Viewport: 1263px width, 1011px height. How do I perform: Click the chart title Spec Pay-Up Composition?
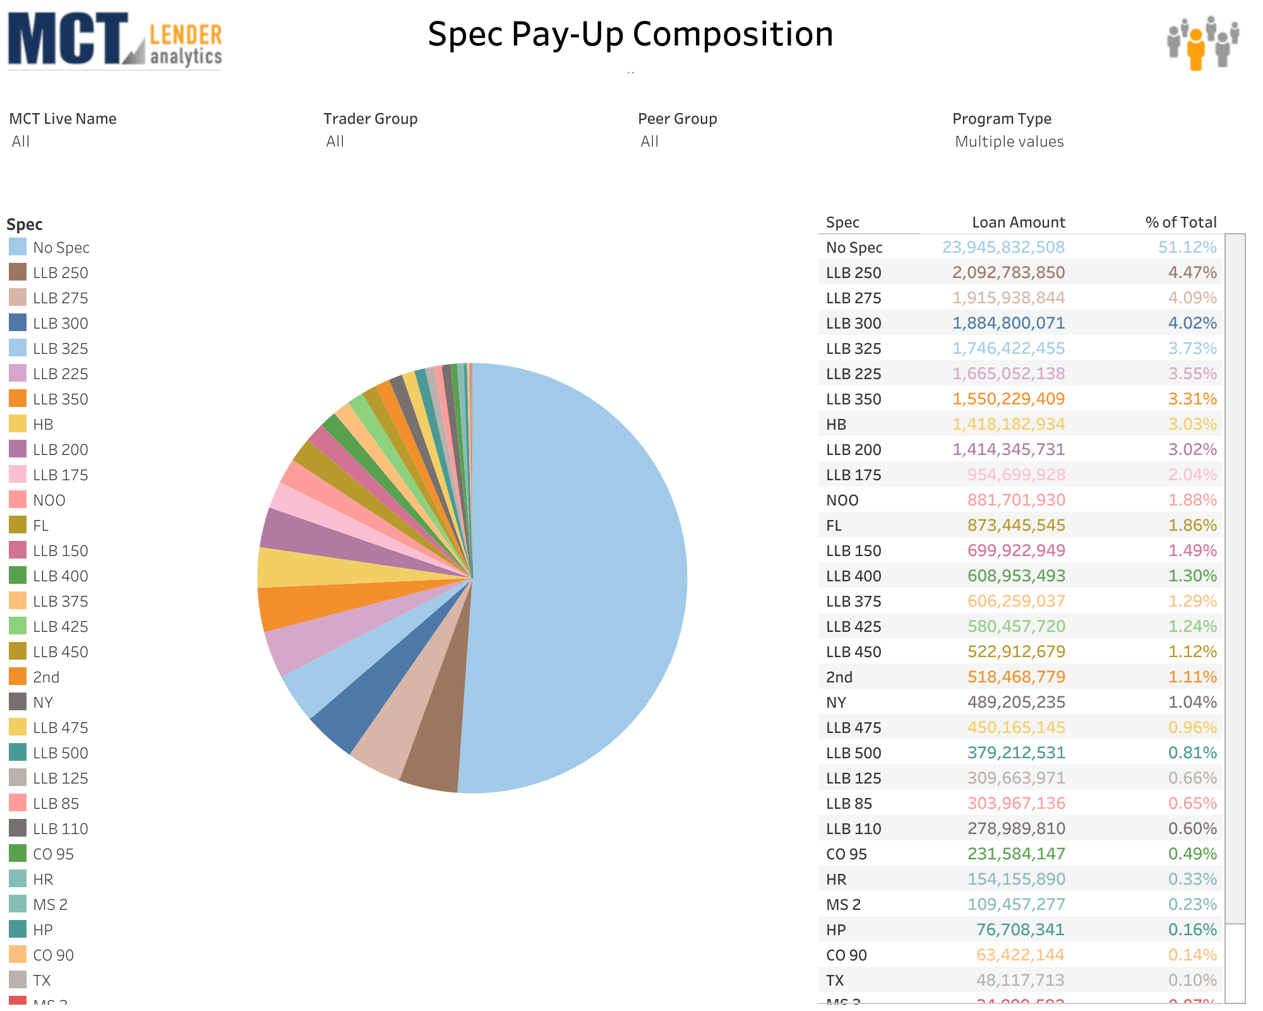click(630, 34)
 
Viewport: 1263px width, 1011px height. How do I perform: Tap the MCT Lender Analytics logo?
click(115, 40)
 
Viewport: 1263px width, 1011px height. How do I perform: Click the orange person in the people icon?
click(1195, 49)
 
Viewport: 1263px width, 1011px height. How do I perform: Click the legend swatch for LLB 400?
click(18, 576)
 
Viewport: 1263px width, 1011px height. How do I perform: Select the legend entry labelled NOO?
click(49, 500)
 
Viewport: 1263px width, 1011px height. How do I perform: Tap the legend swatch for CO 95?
click(18, 854)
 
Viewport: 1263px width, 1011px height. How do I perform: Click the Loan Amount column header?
click(1018, 222)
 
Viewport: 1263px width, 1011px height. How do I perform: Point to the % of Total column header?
click(1181, 222)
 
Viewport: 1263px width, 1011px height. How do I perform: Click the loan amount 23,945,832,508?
click(1003, 247)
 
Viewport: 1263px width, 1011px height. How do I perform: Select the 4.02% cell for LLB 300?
click(1192, 323)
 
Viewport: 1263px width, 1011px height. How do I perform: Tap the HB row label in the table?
click(836, 425)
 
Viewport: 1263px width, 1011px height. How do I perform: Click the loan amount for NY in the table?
click(1016, 702)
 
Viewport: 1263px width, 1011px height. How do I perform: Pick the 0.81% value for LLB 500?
click(1192, 753)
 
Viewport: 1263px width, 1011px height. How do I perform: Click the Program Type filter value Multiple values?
click(1009, 142)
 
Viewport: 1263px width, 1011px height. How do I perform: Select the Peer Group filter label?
click(678, 119)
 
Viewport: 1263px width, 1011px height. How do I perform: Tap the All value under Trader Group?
click(335, 142)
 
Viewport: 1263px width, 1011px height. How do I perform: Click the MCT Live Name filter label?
click(63, 119)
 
